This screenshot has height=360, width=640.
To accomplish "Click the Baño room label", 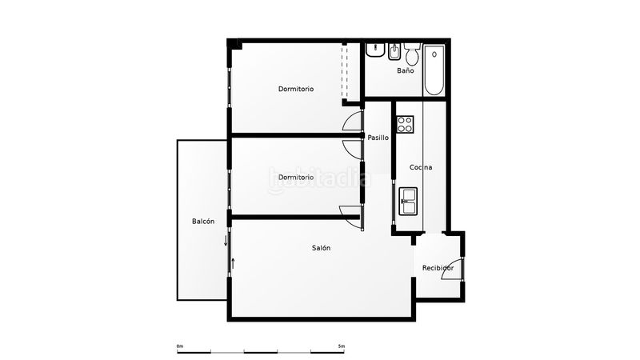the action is pyautogui.click(x=406, y=70).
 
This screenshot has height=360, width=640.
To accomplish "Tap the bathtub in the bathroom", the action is pyautogui.click(x=434, y=70).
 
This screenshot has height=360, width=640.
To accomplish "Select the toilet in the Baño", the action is pyautogui.click(x=412, y=54).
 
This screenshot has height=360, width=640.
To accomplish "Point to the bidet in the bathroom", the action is pyautogui.click(x=394, y=51).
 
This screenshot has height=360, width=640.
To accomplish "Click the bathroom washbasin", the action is pyautogui.click(x=375, y=50).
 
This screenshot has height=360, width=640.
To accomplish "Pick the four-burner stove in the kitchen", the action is pyautogui.click(x=405, y=124).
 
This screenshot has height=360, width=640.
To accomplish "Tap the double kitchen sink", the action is pyautogui.click(x=408, y=201).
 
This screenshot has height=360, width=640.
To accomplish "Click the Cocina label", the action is pyautogui.click(x=421, y=167).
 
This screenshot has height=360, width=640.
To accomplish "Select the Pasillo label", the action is pyautogui.click(x=378, y=138).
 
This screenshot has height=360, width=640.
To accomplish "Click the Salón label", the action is pyautogui.click(x=322, y=248).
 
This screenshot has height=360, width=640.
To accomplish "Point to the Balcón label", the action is pyautogui.click(x=203, y=222).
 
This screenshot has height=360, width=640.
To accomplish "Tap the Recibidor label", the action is pyautogui.click(x=438, y=268).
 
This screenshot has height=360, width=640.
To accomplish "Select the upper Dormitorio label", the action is pyautogui.click(x=296, y=89).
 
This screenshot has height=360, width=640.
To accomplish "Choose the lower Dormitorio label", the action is pyautogui.click(x=296, y=178).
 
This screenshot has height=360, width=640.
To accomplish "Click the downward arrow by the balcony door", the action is pyautogui.click(x=226, y=241).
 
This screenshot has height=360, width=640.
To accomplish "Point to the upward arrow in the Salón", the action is pyautogui.click(x=233, y=263).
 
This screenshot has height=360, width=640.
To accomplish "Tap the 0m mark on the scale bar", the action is pyautogui.click(x=180, y=346).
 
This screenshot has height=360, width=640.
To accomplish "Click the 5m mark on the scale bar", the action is pyautogui.click(x=342, y=346).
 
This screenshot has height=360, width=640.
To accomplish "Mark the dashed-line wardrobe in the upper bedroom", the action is pyautogui.click(x=345, y=71).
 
